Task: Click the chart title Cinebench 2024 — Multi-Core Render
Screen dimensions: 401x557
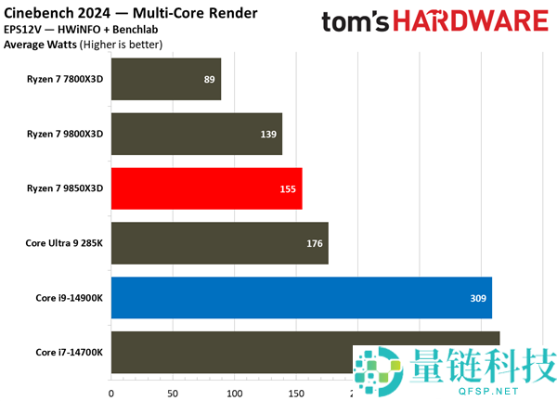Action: pos(131,13)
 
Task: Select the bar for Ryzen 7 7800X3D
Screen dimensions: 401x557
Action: pos(166,79)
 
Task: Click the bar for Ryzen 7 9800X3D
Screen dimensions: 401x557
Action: pos(197,134)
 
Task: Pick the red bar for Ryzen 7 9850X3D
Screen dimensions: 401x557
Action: pos(206,188)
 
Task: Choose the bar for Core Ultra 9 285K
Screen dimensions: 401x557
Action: pos(219,243)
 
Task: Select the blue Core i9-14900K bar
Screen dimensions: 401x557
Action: pos(301,298)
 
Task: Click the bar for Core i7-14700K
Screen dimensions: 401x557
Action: pos(232,352)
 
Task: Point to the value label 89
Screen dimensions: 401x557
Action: pos(210,80)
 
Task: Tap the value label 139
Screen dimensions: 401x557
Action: pos(268,135)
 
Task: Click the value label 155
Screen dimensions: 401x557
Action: pos(288,189)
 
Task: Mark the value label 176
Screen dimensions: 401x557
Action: pos(315,244)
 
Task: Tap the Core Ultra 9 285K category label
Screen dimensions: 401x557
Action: pos(64,243)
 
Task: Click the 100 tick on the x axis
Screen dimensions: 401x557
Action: pos(234,392)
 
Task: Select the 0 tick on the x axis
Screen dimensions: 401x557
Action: pos(111,392)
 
